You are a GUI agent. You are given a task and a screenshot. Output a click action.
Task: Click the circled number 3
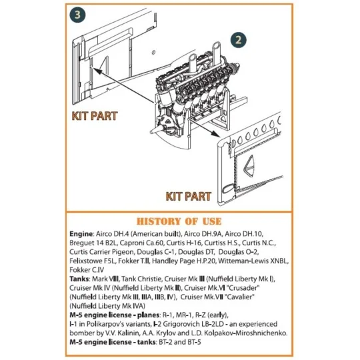(77, 15)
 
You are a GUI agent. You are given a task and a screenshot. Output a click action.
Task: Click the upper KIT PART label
(95, 116)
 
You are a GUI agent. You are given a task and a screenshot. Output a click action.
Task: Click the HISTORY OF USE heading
(179, 221)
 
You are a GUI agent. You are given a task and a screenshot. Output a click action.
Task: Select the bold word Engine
(83, 235)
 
